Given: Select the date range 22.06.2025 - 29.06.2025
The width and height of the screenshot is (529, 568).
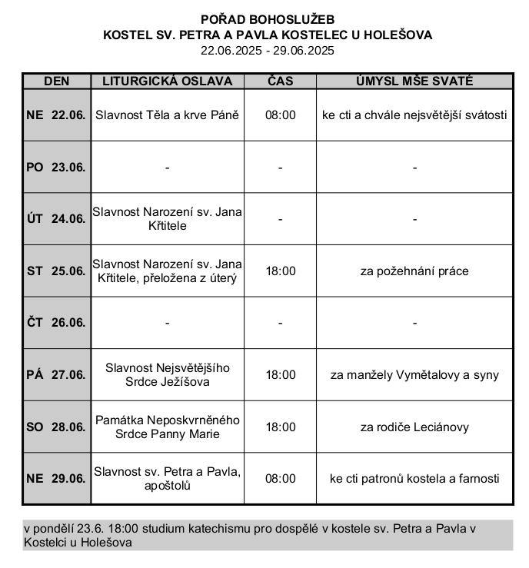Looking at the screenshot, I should coord(268,51).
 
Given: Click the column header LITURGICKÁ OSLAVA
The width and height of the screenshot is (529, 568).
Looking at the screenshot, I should coord(167,81).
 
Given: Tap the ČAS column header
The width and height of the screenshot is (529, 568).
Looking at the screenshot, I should coord(280,81).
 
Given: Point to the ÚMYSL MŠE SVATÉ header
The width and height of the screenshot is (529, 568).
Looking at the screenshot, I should coord(414,81).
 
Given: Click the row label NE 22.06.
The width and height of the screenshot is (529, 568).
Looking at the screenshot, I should coord(56,115).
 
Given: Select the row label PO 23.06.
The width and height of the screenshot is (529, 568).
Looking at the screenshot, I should coord(56,167).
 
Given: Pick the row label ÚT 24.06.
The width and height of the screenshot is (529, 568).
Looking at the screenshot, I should coord(56,219).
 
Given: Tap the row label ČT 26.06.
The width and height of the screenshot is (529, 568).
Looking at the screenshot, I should coord(56,323).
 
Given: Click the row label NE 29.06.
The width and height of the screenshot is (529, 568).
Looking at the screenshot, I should coord(56,478).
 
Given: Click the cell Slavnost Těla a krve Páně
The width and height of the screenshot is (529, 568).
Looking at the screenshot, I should coord(167,115).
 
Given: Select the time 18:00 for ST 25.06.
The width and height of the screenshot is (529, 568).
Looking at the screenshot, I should coord(280,271).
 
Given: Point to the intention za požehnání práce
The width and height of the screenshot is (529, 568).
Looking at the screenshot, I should coord(414,271).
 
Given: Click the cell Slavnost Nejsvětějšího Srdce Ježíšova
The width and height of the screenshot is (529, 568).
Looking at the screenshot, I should coord(167,374).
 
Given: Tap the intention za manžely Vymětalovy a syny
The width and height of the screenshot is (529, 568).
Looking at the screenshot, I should coord(414,375).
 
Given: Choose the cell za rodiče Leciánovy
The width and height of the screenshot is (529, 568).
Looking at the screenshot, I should coord(414,427).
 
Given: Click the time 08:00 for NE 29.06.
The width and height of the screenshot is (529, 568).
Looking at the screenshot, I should coord(280,478).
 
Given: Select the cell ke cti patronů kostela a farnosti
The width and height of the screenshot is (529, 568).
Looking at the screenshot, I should coord(414,478).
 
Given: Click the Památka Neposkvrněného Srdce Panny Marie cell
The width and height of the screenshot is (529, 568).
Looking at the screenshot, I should coord(167,427).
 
